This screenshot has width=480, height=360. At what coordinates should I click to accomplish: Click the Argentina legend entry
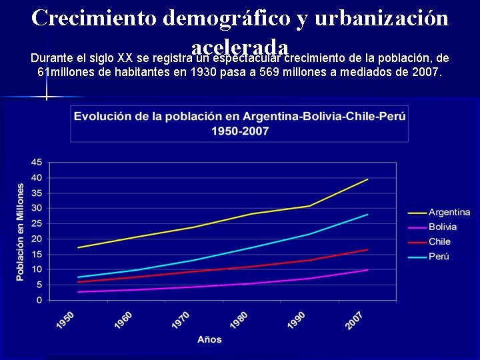[x=449, y=213]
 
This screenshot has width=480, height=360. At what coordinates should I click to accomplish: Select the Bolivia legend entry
[x=442, y=227]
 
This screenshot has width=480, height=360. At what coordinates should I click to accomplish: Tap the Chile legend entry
[x=439, y=242]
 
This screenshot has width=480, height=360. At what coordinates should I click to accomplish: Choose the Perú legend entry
[x=439, y=257]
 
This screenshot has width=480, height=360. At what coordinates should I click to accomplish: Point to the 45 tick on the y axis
[x=36, y=162]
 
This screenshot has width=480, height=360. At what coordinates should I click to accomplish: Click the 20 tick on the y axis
[x=36, y=239]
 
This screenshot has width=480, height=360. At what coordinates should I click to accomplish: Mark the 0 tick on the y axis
[x=39, y=300]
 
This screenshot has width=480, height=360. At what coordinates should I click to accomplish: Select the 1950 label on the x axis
[x=65, y=320]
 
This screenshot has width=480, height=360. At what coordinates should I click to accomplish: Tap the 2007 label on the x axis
[x=354, y=320]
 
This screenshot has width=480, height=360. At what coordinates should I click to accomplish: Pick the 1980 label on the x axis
[x=238, y=320]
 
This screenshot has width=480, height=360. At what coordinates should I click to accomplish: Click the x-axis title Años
[x=209, y=340]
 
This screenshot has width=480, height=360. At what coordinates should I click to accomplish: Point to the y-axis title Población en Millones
[x=20, y=232]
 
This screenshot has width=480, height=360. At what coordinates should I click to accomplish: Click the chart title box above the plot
[x=240, y=123]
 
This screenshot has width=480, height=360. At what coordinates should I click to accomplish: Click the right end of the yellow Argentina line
[x=368, y=179]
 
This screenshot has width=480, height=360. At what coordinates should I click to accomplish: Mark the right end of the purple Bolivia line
[x=368, y=269]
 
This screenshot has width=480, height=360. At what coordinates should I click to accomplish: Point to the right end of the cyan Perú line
[x=368, y=214]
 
